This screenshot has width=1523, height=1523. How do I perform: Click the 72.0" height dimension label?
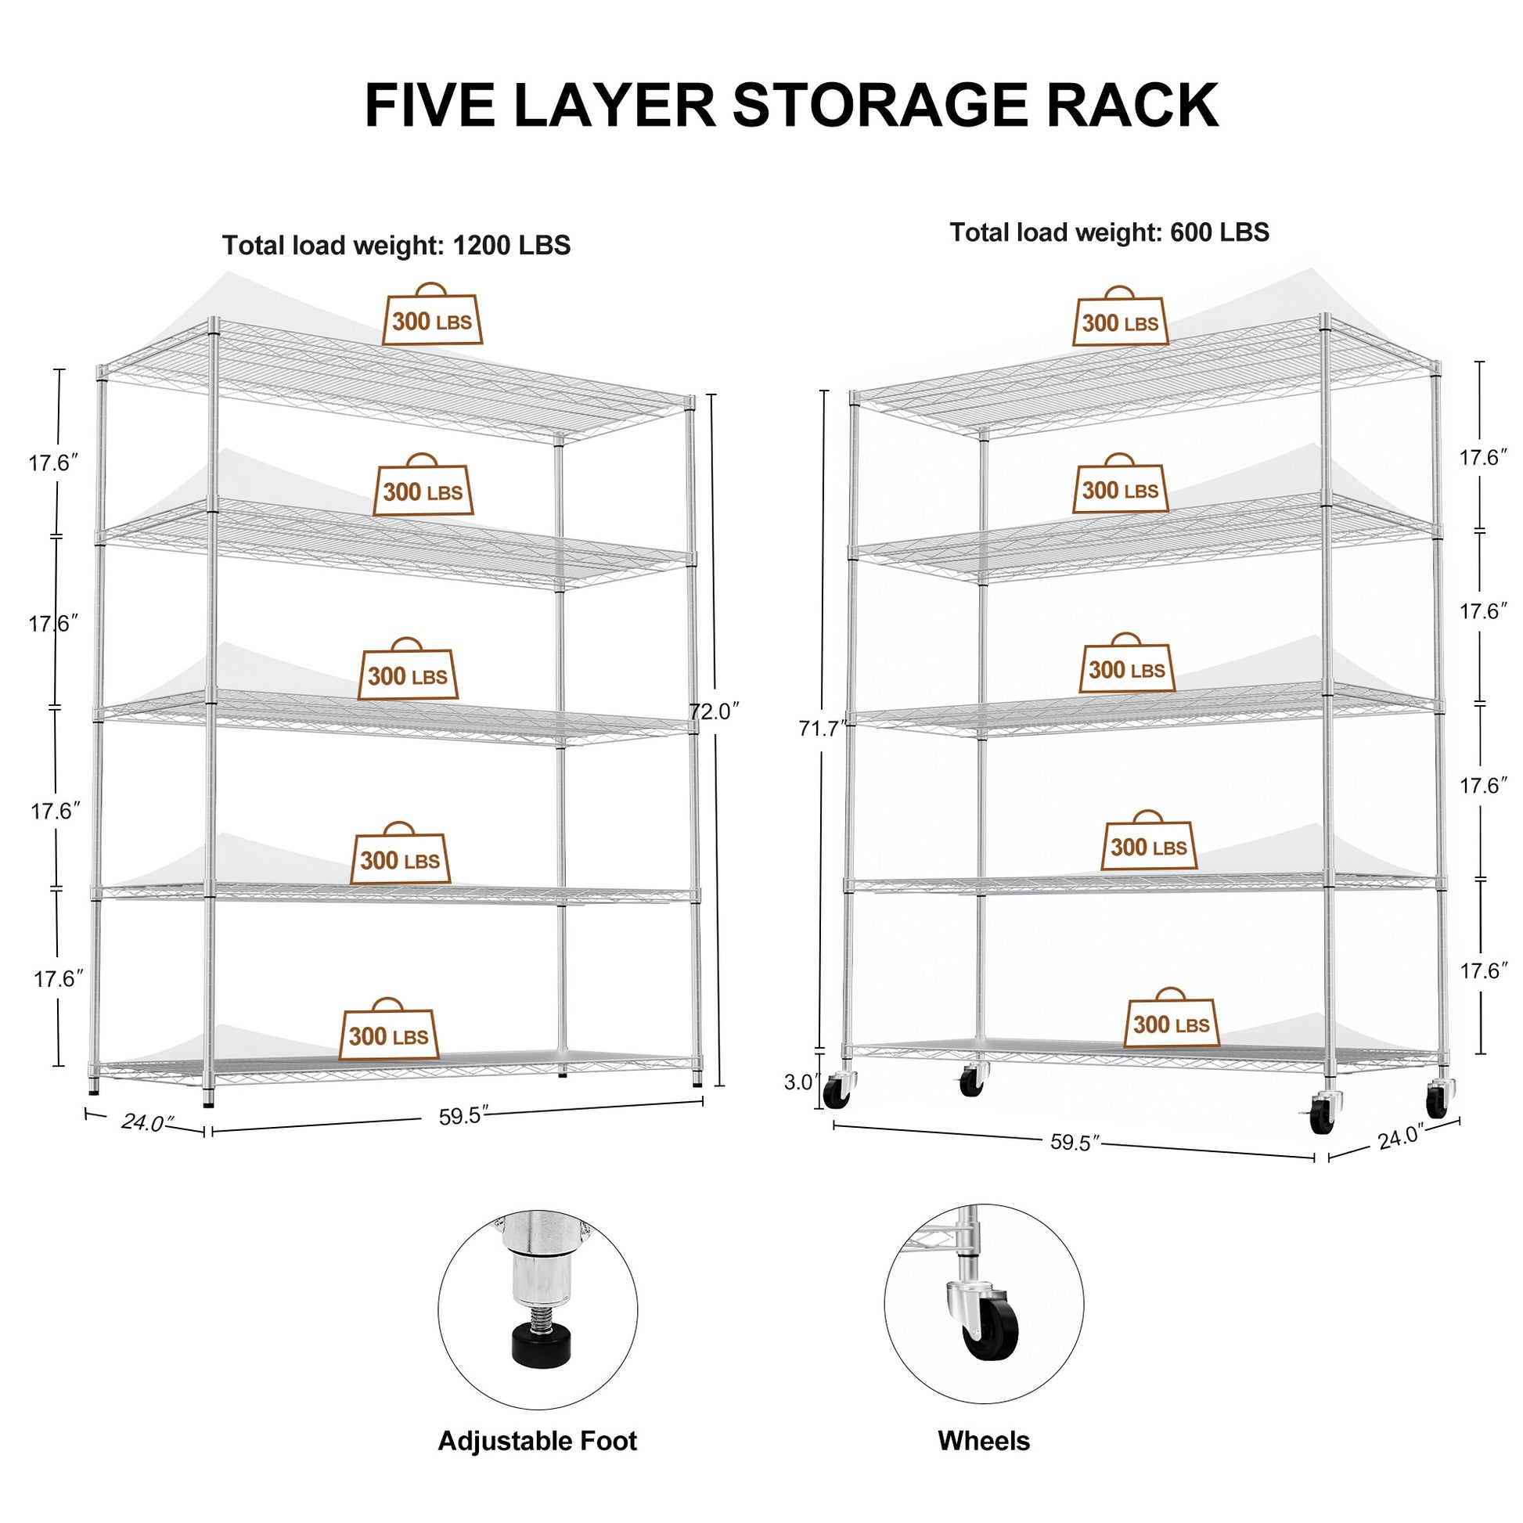[715, 711]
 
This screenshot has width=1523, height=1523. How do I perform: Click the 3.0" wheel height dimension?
[801, 1083]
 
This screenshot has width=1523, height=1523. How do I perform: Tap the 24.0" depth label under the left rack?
[146, 1122]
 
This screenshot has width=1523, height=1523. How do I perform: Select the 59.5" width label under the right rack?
[1075, 1143]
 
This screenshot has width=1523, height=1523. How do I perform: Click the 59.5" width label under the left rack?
[464, 1116]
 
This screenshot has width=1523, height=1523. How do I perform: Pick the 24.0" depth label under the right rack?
[1399, 1136]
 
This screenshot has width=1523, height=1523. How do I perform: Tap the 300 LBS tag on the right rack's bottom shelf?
[1171, 1024]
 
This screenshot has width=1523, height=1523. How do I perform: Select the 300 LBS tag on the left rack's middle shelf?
[408, 675]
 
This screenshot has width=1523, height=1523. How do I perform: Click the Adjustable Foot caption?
[537, 1441]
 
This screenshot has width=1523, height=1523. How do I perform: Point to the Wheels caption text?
[983, 1441]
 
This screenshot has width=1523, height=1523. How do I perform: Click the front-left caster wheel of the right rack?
[836, 1094]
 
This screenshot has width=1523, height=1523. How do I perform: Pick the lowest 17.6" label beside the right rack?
[1483, 971]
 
